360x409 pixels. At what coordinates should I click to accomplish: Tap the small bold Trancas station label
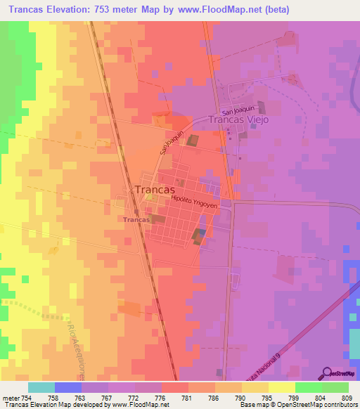coord(136,220)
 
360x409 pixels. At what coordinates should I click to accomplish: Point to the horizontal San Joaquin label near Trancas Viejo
coord(236,110)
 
